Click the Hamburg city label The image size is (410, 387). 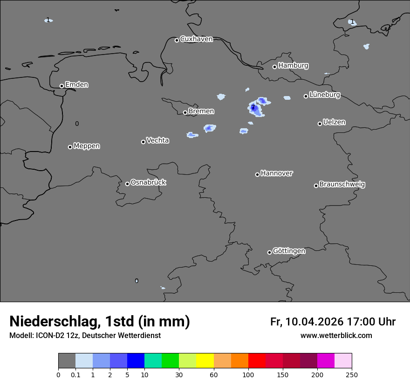tap(293, 66)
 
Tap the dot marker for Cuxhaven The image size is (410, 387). tap(177, 40)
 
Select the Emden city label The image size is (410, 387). tap(76, 85)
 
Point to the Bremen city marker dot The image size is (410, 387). tap(185, 112)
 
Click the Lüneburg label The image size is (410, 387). tap(324, 95)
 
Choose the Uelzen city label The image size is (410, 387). tap(334, 122)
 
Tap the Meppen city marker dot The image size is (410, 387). tap(70, 147)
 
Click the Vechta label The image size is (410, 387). tap(157, 140)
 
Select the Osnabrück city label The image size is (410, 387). tap(148, 182)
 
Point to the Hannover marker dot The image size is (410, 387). tap(257, 174)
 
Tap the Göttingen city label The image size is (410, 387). tap(289, 251)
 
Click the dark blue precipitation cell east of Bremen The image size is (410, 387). tap(254, 108)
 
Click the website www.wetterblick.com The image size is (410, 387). tap(336, 336)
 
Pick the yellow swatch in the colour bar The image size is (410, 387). tap(205, 361)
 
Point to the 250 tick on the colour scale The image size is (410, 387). tap(352, 374)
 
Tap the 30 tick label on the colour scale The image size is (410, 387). tap(179, 374)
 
